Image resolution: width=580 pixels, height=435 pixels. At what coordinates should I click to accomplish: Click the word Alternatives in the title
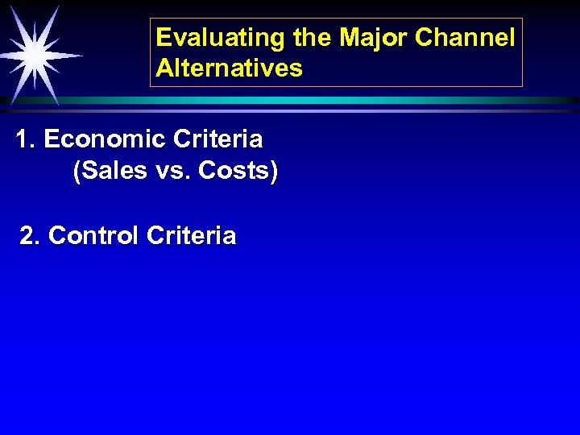click(x=230, y=68)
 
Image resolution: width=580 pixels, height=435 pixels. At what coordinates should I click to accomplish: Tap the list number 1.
click(x=23, y=140)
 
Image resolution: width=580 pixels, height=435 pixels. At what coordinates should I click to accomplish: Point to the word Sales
click(x=109, y=172)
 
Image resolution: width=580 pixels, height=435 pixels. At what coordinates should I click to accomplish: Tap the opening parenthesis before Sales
click(x=77, y=172)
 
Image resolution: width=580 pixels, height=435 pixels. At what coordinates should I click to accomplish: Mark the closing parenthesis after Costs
click(x=274, y=172)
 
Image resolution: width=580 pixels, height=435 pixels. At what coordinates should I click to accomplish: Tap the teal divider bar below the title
click(x=322, y=100)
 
